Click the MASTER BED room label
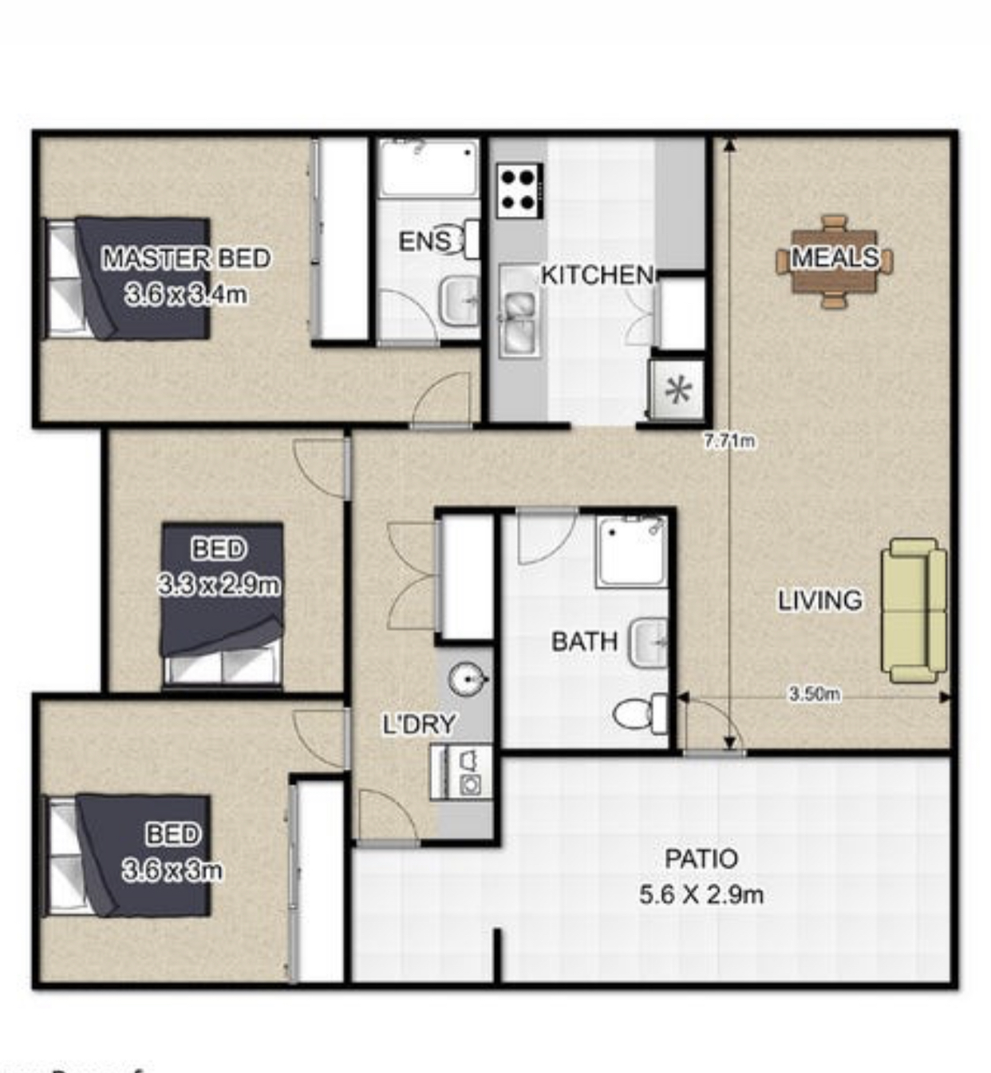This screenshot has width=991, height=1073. coord(187,258)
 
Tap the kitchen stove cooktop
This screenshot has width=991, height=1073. coord(519,191)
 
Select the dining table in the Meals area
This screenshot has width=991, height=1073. coord(835,262)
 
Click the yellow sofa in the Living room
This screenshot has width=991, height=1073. coord(914,610)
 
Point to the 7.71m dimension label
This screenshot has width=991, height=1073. coord(730,441)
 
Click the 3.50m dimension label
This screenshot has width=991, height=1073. coord(815,694)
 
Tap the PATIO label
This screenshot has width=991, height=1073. coord(701,858)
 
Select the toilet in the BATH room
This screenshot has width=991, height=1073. coord(641,714)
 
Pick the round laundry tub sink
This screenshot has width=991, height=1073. coord(468,679)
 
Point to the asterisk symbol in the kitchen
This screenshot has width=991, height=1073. coord(678,390)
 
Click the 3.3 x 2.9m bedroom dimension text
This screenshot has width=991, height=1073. coord(219,585)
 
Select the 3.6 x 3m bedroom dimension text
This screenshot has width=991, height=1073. coord(172,870)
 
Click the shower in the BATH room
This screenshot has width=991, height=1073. coord(631,551)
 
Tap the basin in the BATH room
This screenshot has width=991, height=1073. coord(648,642)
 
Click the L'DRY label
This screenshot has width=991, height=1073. coord(419,724)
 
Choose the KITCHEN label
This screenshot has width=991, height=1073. coord(598,275)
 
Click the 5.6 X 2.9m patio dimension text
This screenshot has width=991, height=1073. coord(701,895)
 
